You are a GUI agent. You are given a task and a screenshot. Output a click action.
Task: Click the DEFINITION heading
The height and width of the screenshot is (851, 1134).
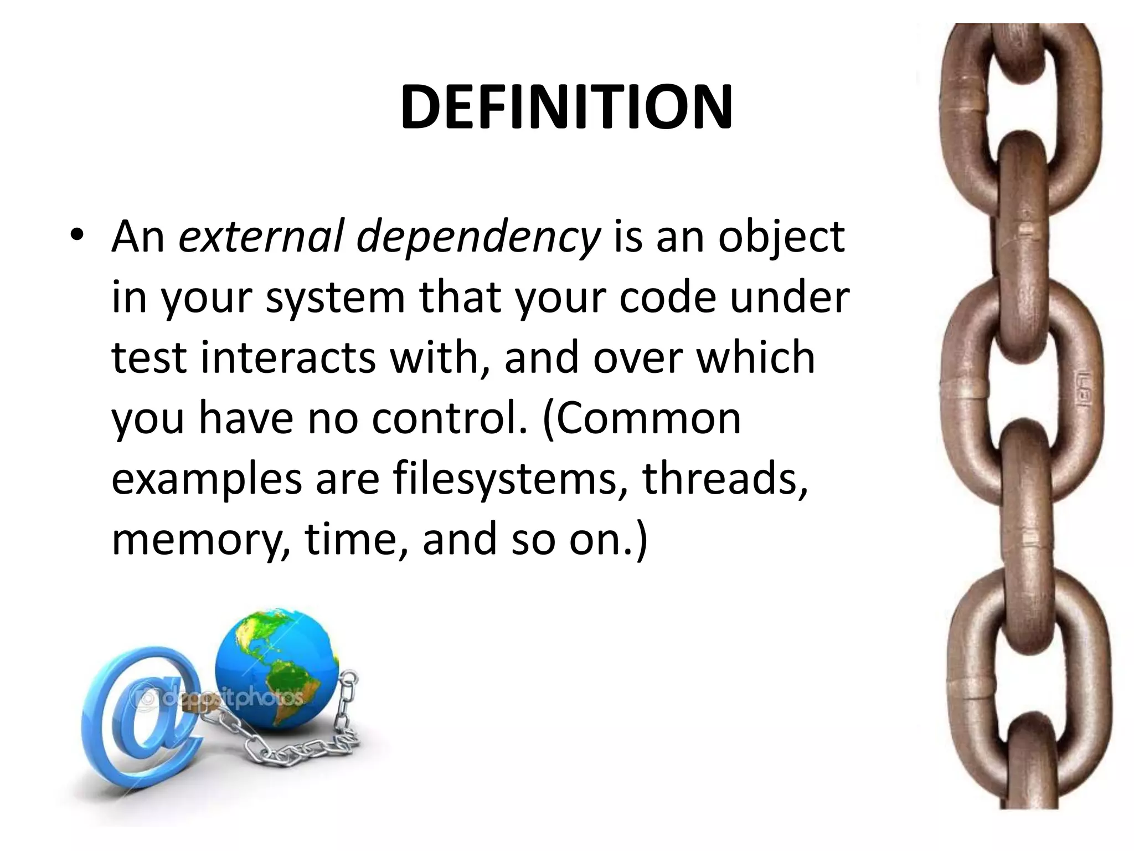(x=566, y=107)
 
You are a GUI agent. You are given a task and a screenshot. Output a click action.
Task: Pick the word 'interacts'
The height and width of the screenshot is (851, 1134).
(x=288, y=358)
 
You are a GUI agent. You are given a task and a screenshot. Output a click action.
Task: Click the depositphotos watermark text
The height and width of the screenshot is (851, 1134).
(x=221, y=697)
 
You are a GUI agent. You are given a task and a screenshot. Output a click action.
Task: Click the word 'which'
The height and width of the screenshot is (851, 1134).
(x=755, y=358)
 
